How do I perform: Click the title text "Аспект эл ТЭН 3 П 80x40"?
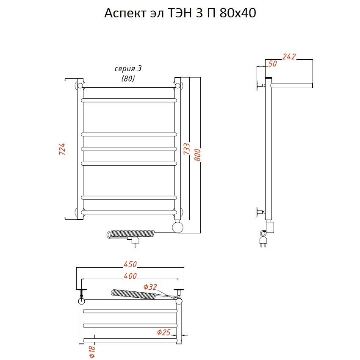pyautogui.click(x=180, y=13)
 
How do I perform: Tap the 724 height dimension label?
pyautogui.click(x=62, y=149)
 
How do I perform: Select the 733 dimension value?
pyautogui.click(x=187, y=149)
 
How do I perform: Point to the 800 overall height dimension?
pyautogui.click(x=197, y=155)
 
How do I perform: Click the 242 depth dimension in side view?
pyautogui.click(x=289, y=57)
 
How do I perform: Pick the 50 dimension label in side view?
pyautogui.click(x=272, y=64)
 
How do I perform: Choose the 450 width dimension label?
pyautogui.click(x=130, y=264)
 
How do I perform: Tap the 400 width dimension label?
pyautogui.click(x=130, y=276)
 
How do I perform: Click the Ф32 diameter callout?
pyautogui.click(x=150, y=287)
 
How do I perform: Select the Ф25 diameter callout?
pyautogui.click(x=164, y=332)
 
